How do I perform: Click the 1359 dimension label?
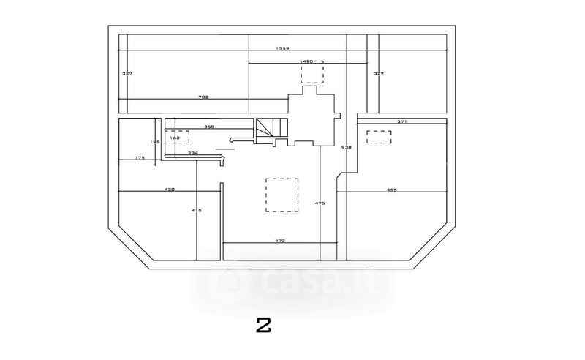283,48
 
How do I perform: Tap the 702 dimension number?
204,97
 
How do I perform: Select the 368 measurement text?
208,127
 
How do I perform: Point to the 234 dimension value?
193,152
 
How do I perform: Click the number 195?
154,141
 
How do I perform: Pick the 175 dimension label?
140,157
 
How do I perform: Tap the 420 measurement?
169,190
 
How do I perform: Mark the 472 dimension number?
279,240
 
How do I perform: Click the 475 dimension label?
320,203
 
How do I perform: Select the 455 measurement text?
391,190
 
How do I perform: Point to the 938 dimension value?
347,147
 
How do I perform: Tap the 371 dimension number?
401,121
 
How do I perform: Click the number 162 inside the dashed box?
175,137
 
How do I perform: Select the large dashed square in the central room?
282,195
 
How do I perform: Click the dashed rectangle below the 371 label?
379,136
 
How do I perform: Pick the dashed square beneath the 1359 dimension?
312,73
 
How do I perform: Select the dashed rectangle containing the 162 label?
178,137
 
